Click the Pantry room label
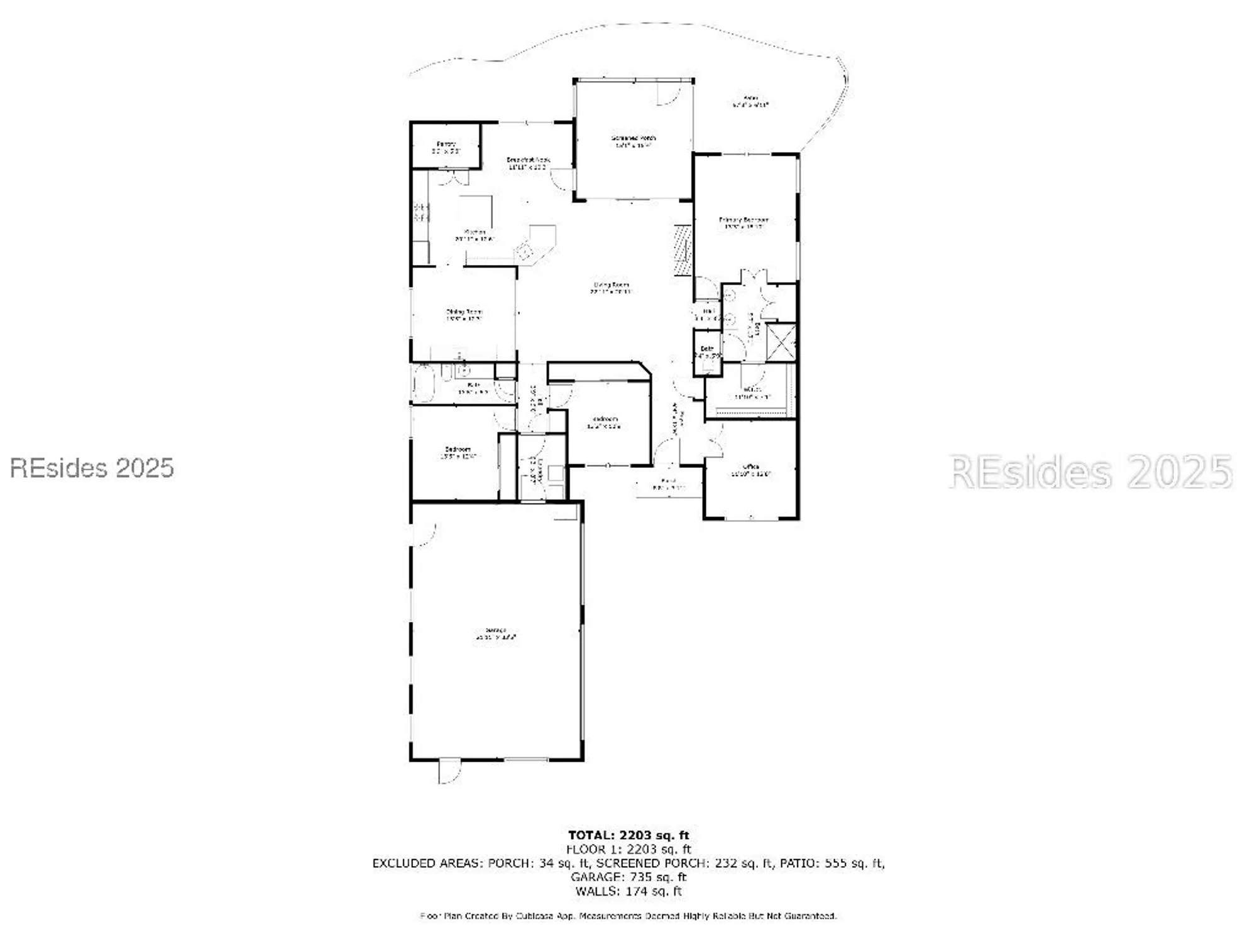pos(446,148)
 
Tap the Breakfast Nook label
pos(528,163)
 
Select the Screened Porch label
pos(633,141)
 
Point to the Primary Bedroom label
pos(744,223)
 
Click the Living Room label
pos(611,288)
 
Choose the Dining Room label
pos(464,315)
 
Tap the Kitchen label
pos(475,235)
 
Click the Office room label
pos(750,470)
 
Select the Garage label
pos(496,633)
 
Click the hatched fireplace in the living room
pos(681,249)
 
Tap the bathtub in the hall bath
pos(422,383)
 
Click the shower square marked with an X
pos(782,342)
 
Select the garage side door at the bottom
pos(449,771)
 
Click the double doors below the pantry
pos(453,177)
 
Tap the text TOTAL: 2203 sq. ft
pos(628,835)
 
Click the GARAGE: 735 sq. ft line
pos(628,877)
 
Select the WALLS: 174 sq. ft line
pos(628,891)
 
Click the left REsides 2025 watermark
pos(92,468)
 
